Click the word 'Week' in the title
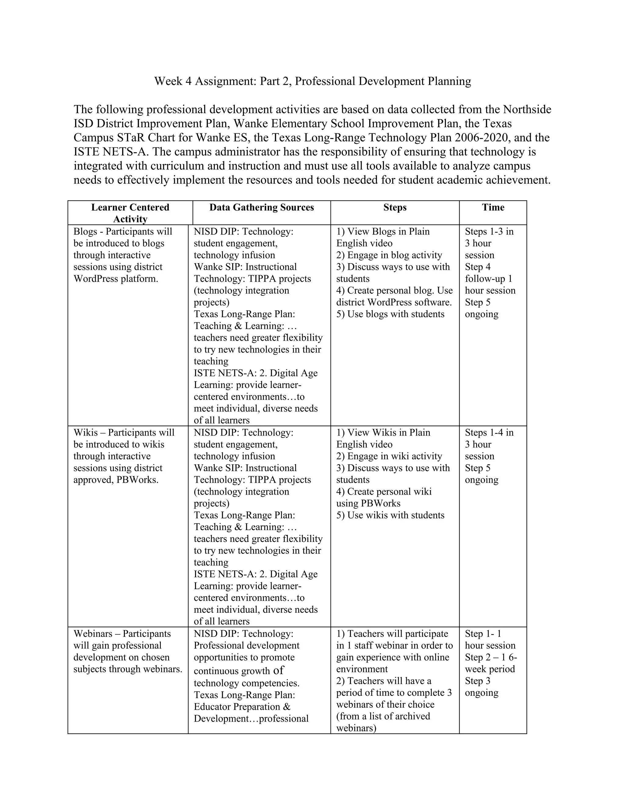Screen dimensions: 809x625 [x=168, y=81]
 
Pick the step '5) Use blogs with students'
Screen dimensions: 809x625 [x=390, y=314]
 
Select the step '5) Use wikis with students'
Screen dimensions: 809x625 [x=390, y=515]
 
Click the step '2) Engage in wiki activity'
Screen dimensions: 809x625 [x=389, y=456]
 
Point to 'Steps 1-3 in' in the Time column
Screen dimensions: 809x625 [x=489, y=231]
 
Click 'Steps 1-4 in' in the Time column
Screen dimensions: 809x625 [x=489, y=433]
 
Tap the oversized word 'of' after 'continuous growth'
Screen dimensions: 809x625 [x=278, y=670]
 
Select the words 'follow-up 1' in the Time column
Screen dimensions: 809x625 [x=488, y=278]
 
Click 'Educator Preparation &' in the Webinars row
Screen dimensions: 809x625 [x=242, y=707]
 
